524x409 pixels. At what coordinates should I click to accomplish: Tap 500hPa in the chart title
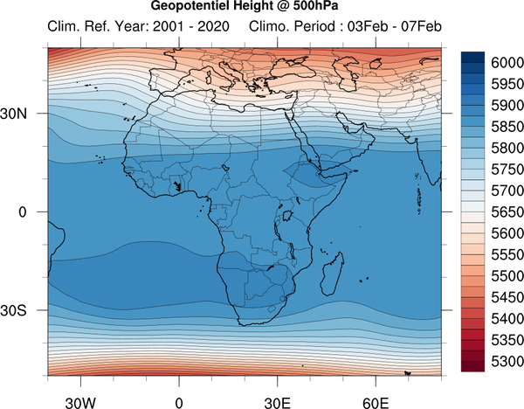[x=316, y=5]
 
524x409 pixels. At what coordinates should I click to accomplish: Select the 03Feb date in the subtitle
[x=368, y=26]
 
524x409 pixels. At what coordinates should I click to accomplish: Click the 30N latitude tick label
[x=14, y=114]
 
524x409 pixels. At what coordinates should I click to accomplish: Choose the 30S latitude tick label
[x=13, y=310]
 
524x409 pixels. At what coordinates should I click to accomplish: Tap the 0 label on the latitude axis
[x=23, y=212]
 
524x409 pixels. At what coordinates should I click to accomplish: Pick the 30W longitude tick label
[x=80, y=403]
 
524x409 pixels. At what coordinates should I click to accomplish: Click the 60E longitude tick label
[x=376, y=403]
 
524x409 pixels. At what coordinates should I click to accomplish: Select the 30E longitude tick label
[x=278, y=403]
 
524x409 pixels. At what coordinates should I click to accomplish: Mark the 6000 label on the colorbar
[x=507, y=63]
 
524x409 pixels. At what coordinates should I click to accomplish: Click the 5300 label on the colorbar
[x=507, y=362]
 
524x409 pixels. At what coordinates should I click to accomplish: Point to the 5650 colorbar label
[x=507, y=212]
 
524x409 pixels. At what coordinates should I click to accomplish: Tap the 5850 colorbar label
[x=507, y=127]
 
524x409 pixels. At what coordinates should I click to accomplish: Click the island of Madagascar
[x=333, y=274]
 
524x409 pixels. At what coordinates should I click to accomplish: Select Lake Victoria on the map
[x=287, y=216]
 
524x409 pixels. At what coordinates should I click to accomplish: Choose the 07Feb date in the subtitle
[x=421, y=26]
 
